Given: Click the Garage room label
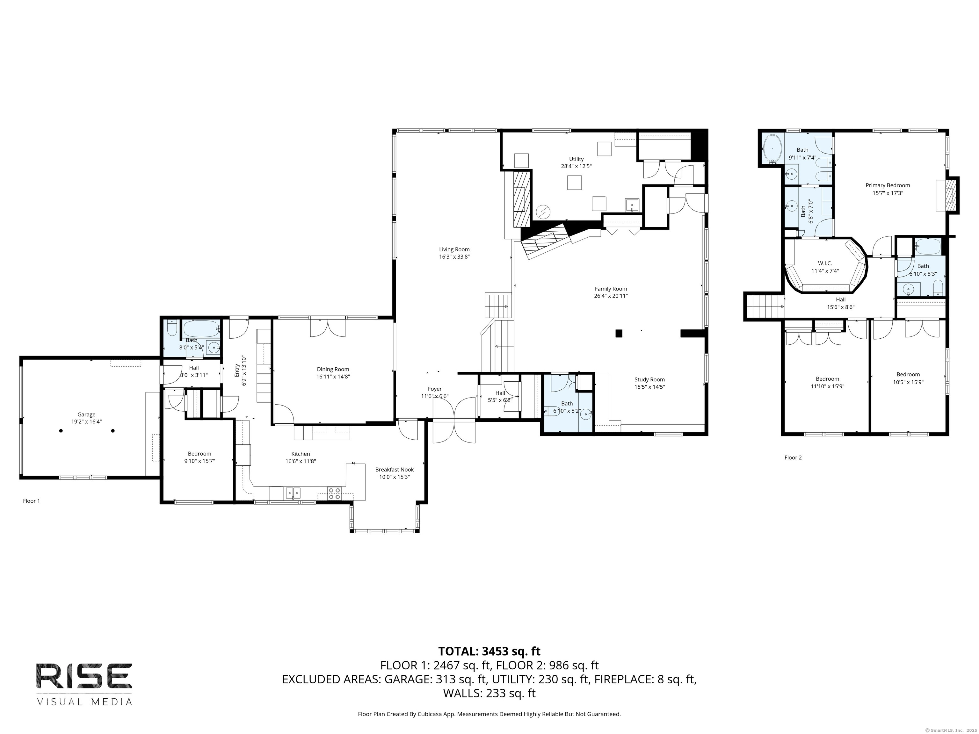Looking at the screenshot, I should (86, 414).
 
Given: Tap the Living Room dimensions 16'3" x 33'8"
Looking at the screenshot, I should (454, 256).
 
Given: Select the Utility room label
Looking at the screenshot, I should (576, 159).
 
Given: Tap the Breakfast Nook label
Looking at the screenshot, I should (394, 470).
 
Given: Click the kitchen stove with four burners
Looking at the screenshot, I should (334, 493).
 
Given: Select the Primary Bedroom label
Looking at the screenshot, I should (888, 185).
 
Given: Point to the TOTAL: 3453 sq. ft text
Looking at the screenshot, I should (489, 651).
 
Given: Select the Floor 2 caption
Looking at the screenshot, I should (793, 457).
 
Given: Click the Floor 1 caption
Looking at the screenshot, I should (32, 501).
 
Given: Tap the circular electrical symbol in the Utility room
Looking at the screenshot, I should (543, 212).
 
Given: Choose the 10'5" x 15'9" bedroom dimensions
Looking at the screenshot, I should (908, 382).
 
